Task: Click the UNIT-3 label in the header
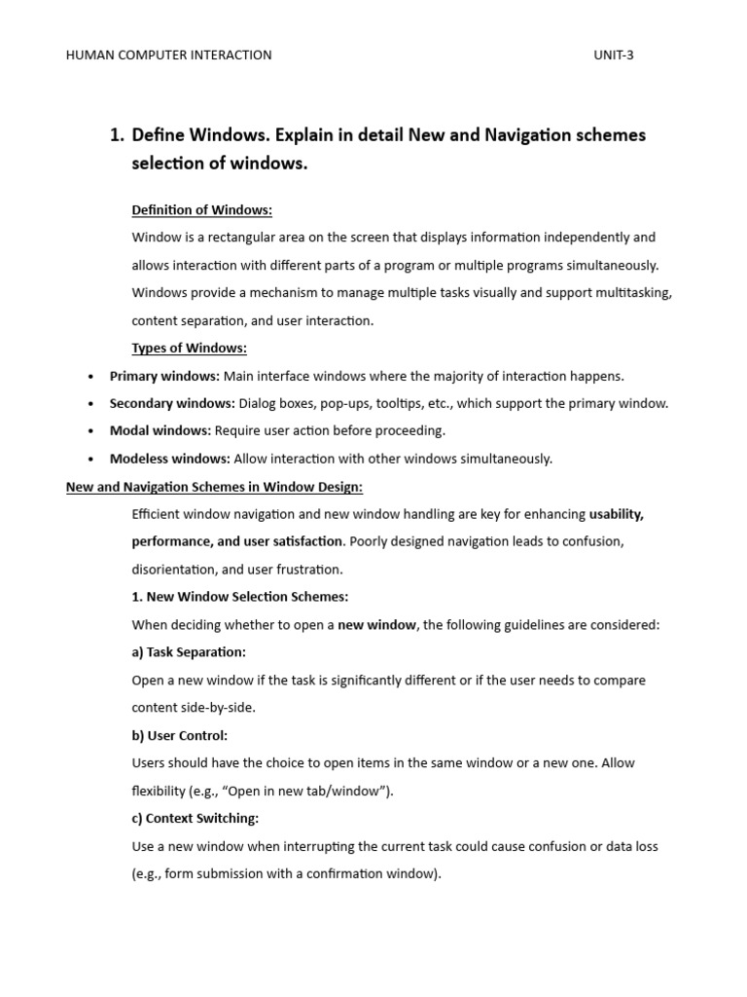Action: pyautogui.click(x=613, y=55)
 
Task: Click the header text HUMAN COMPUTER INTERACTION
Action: pyautogui.click(x=168, y=55)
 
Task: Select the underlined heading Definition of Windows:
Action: pyautogui.click(x=202, y=210)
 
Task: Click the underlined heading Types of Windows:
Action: pyautogui.click(x=190, y=349)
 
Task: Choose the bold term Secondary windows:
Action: pyautogui.click(x=172, y=403)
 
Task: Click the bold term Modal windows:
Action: pyautogui.click(x=160, y=430)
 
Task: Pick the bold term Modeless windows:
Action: pyautogui.click(x=170, y=459)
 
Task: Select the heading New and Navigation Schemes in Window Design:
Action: pyautogui.click(x=214, y=487)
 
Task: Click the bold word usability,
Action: pyautogui.click(x=617, y=514)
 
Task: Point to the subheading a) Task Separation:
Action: pyautogui.click(x=189, y=652)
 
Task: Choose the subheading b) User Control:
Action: pyautogui.click(x=180, y=736)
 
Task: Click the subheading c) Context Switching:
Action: pyautogui.click(x=196, y=819)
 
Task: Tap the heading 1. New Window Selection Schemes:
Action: pyautogui.click(x=240, y=597)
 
